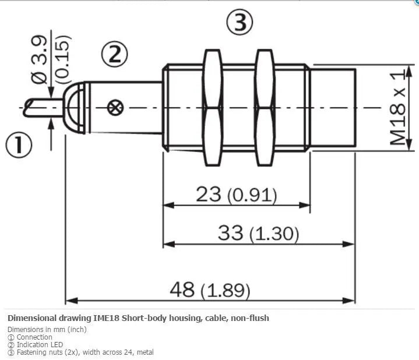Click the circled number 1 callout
pos(19,146)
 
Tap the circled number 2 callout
pos(114,54)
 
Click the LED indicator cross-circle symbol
pos(115,108)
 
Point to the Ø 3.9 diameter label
pos(39,60)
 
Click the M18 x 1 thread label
pos(397,108)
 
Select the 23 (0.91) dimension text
pos(237,194)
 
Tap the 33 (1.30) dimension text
pos(258,232)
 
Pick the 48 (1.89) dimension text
pos(210,290)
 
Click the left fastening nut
pos(213,108)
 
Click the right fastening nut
pos(265,108)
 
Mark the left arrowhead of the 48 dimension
pos(71,301)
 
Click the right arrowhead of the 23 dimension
pos(304,205)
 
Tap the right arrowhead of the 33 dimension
pos(348,244)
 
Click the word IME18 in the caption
pos(106,318)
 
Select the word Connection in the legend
pos(34,337)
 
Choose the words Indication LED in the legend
pos(40,344)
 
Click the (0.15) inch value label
pos(63,60)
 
